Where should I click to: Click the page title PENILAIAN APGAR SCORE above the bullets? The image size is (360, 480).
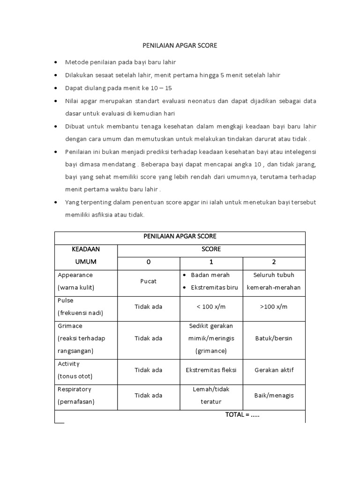click(180, 46)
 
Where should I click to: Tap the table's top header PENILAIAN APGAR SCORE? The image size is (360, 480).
click(180, 236)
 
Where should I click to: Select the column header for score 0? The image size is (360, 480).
click(149, 262)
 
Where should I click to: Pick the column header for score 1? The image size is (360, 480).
click(211, 262)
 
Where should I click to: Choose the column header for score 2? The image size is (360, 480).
click(274, 262)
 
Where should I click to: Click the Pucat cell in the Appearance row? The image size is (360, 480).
click(149, 281)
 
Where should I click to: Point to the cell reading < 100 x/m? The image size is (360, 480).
click(211, 307)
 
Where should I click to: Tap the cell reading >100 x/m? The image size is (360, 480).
click(274, 307)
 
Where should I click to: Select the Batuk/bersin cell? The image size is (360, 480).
click(274, 338)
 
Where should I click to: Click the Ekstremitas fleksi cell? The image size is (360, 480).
click(211, 370)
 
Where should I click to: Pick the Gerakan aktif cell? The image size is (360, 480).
click(274, 370)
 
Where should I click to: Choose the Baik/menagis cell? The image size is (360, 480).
click(274, 395)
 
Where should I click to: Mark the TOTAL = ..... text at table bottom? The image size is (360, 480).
click(242, 415)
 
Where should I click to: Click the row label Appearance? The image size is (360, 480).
click(75, 275)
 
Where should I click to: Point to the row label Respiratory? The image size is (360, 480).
click(74, 389)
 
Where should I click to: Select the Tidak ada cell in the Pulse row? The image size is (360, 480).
click(149, 307)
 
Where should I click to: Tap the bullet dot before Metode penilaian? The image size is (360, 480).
click(57, 62)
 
